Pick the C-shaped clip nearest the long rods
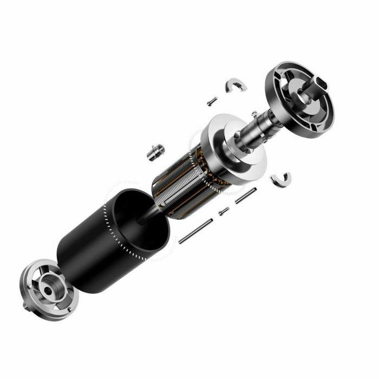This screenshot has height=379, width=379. [281, 179]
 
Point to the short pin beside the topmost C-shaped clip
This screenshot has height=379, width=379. [212, 101]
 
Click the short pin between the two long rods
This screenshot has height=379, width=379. [224, 211]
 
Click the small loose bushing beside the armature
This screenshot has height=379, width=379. [155, 151]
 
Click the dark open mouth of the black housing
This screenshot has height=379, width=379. [138, 219]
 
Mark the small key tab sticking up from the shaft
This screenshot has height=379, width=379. [254, 114]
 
